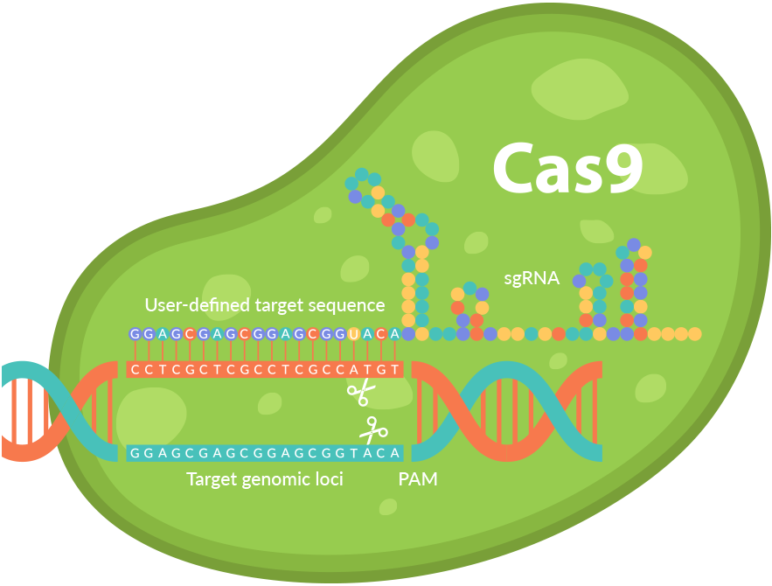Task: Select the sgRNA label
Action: (532, 279)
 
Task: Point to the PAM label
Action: (418, 479)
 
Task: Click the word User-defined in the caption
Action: (198, 305)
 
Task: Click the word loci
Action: (328, 479)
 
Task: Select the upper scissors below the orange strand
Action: (359, 393)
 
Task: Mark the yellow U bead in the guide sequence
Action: (353, 334)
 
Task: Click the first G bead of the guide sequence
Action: (135, 334)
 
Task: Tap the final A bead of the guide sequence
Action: (394, 334)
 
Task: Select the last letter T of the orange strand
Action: (394, 369)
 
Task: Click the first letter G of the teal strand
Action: (135, 453)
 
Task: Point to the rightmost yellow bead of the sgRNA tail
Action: (695, 334)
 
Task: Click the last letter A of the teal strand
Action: (394, 453)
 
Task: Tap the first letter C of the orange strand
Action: (135, 369)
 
